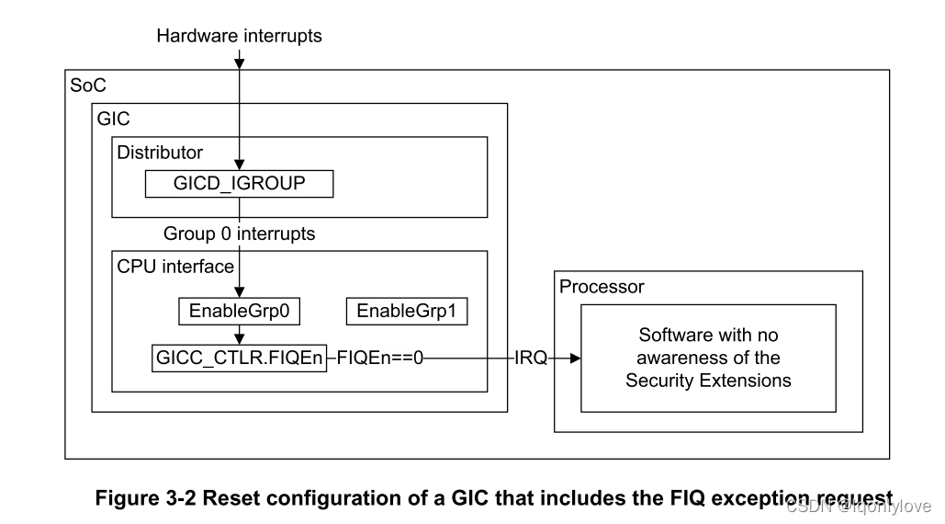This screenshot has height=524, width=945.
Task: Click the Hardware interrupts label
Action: point(239,37)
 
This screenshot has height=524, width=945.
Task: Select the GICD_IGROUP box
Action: point(239,184)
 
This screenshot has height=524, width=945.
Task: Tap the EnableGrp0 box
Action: point(239,312)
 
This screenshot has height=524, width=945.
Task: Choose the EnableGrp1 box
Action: point(406,312)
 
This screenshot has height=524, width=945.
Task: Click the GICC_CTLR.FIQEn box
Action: point(239,358)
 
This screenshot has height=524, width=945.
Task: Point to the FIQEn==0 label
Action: point(380,358)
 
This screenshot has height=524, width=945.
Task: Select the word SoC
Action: point(88,85)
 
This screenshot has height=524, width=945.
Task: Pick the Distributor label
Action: point(160,152)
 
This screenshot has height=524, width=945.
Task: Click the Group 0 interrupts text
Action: point(239,234)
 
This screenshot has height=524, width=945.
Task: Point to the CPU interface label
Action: point(175,266)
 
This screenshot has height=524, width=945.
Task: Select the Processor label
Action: point(602,286)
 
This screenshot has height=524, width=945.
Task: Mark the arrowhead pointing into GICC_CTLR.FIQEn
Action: point(240,339)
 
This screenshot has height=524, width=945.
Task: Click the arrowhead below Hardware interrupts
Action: point(240,63)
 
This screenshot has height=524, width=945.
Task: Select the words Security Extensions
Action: point(708,380)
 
